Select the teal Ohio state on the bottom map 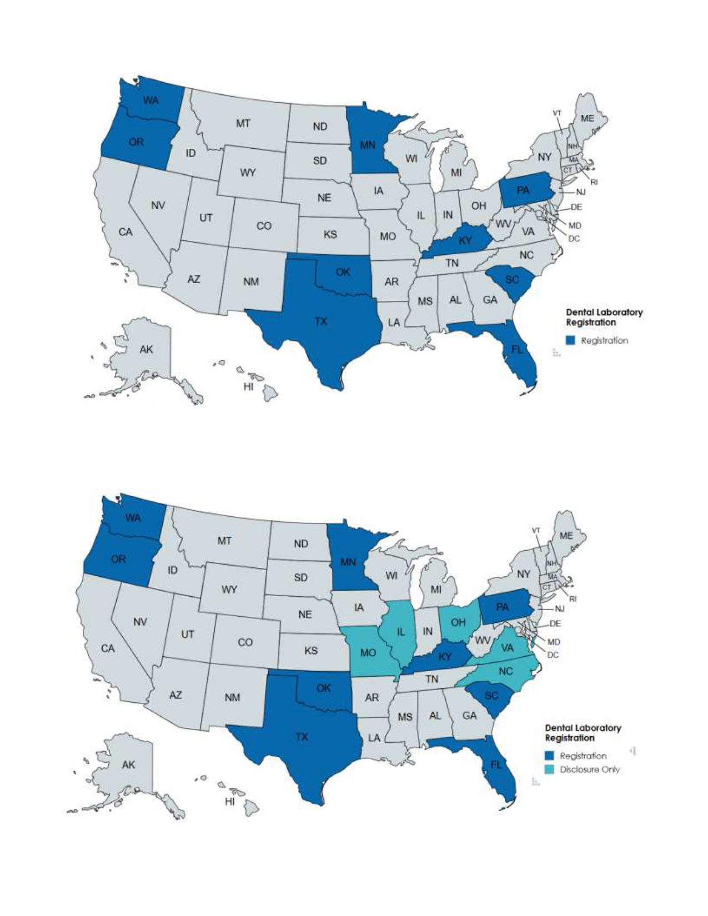(x=458, y=622)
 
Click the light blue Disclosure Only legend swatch (x=549, y=769)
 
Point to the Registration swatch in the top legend (x=570, y=340)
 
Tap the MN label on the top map (x=368, y=145)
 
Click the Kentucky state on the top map (x=465, y=240)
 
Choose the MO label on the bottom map (x=368, y=653)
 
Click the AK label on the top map (x=146, y=349)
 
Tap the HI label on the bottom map (x=229, y=802)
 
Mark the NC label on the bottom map (x=505, y=671)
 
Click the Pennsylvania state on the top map (x=523, y=190)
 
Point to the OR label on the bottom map (x=118, y=559)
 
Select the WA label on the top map (x=150, y=100)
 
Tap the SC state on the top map (x=511, y=279)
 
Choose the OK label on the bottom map (x=324, y=688)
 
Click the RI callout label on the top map (x=594, y=182)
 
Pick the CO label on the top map (x=264, y=226)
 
